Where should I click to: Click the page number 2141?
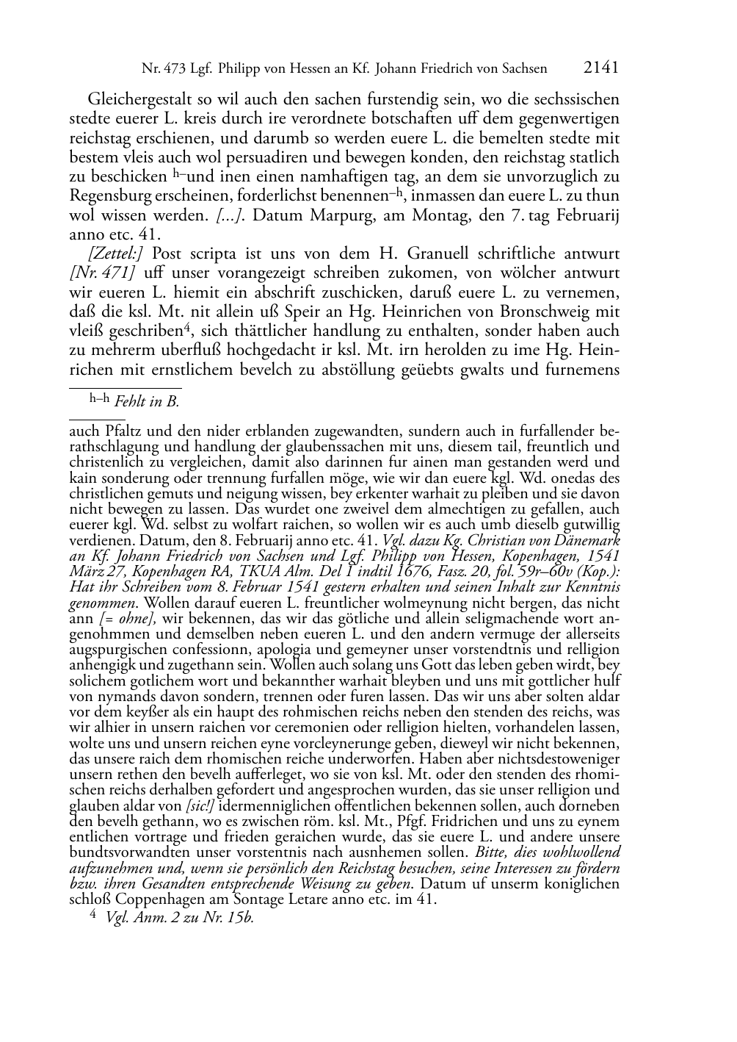pos(601,68)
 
